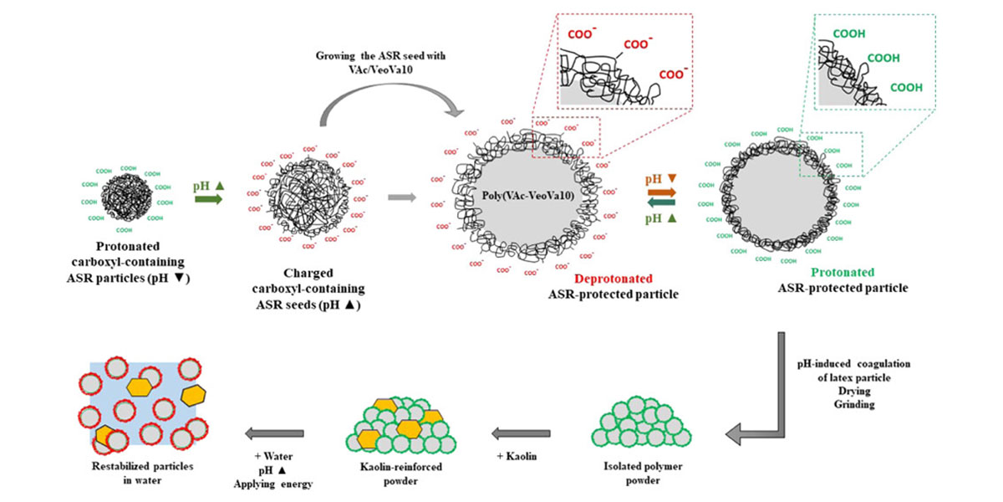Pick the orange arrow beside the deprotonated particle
tap(662, 192)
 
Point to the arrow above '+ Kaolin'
tap(522, 433)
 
